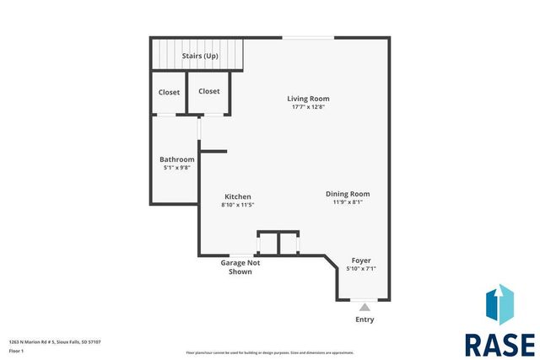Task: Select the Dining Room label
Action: (x=348, y=194)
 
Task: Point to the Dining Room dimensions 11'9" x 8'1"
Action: (x=348, y=202)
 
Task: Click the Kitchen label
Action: (x=237, y=196)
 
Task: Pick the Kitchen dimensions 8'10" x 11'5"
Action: (x=237, y=204)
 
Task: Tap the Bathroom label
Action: (x=177, y=159)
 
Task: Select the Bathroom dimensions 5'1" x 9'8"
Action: (x=177, y=168)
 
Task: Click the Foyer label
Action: (x=361, y=261)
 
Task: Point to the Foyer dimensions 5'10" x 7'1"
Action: (x=361, y=269)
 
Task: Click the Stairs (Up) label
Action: (x=200, y=56)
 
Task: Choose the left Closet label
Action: (x=169, y=91)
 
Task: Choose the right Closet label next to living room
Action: (x=208, y=91)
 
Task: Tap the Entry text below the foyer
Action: (x=364, y=320)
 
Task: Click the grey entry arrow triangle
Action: (x=364, y=307)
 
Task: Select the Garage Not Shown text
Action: (x=240, y=267)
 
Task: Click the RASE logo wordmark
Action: (x=499, y=344)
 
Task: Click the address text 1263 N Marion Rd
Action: (x=55, y=341)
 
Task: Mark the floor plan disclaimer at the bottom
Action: (x=270, y=352)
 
